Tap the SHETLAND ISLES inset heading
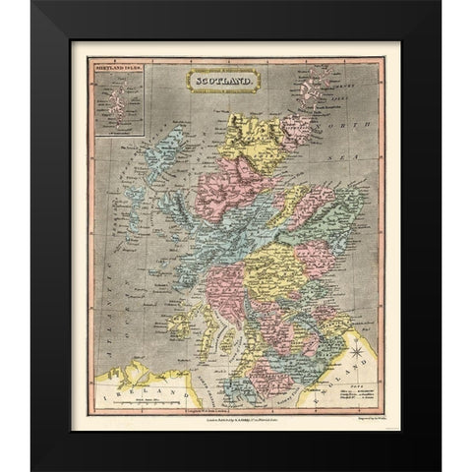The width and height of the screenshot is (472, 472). (x=109, y=69)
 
